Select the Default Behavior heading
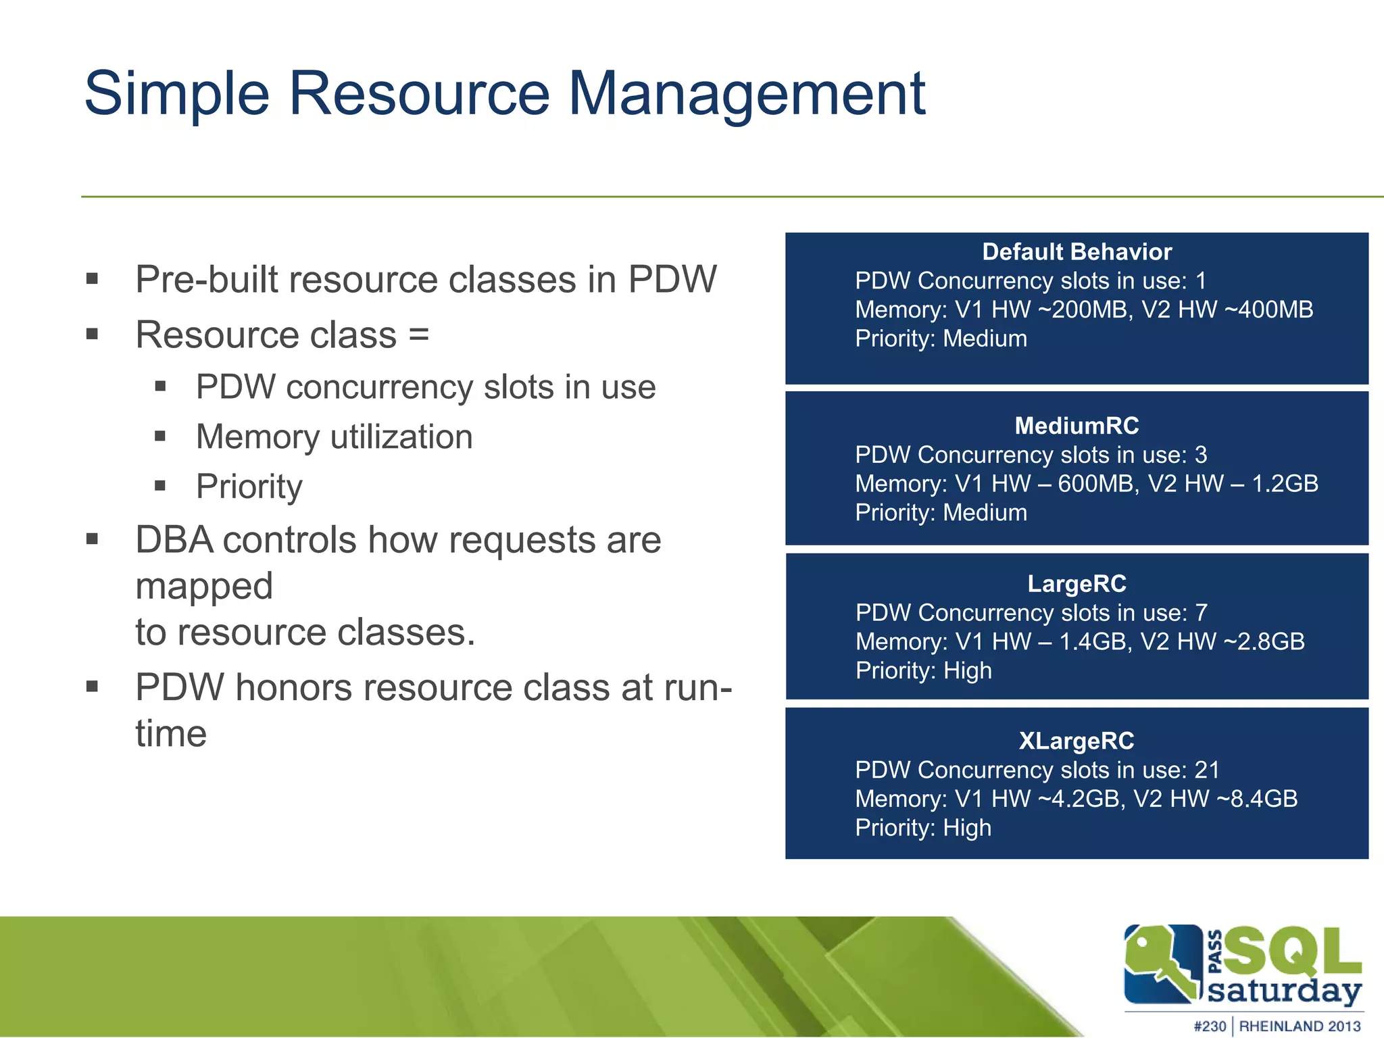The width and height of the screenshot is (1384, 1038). pos(1077,252)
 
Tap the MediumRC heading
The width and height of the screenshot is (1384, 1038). pos(1077,426)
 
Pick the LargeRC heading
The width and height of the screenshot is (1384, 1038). pos(1077,583)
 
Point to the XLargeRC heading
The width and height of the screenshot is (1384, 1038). pos(1077,741)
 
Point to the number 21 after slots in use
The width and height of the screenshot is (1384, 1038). pos(1207,770)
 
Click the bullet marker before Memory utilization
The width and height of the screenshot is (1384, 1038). pos(160,437)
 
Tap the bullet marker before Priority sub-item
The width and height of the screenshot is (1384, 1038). pos(160,486)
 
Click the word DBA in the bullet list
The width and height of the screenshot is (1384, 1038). pos(174,540)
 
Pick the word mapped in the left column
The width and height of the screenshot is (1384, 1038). pos(204,586)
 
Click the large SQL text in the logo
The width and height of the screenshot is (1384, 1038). pos(1292,951)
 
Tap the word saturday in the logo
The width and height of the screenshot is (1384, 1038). pos(1283,991)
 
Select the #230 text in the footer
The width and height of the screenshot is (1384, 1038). pos(1210,1026)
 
